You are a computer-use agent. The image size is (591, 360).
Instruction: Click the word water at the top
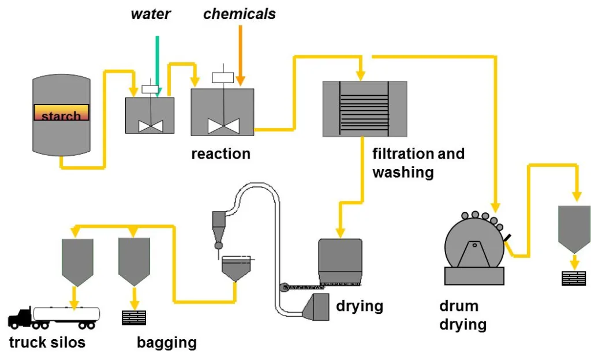click(x=151, y=14)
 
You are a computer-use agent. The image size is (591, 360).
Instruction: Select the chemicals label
click(x=240, y=14)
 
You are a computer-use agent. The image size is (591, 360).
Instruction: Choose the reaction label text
click(x=221, y=154)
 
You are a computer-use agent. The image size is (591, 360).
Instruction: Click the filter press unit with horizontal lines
click(x=364, y=108)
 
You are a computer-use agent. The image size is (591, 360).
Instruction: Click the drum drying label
click(x=463, y=315)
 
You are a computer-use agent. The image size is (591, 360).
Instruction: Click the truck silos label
click(x=47, y=343)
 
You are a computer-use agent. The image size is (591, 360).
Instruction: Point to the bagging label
click(x=167, y=343)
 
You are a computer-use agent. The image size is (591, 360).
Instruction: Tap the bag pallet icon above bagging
click(x=134, y=317)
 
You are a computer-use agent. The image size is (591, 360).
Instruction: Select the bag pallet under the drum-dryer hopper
click(x=574, y=278)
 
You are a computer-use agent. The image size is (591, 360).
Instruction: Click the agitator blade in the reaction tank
click(x=223, y=125)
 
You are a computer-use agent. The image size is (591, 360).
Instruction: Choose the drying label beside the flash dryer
click(x=360, y=305)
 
